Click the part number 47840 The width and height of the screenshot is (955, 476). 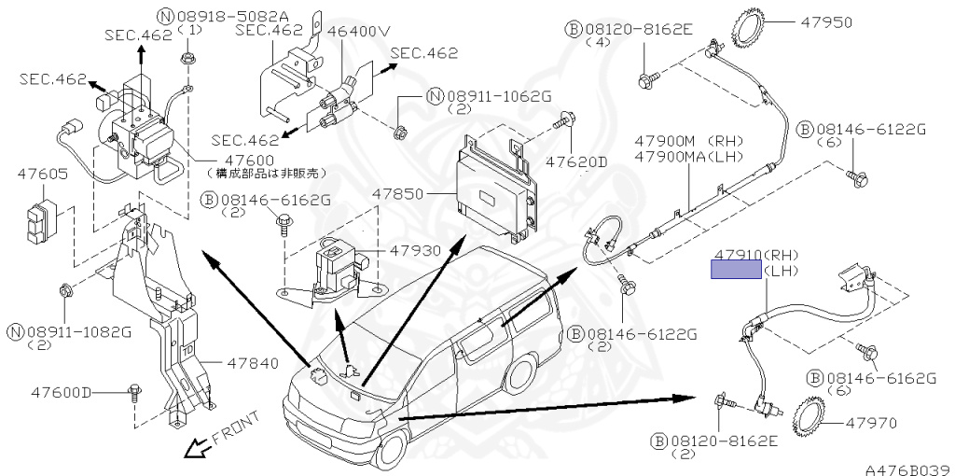pos(252,364)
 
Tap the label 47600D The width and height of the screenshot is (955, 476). pos(61,392)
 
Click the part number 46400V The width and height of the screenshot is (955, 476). pos(358,30)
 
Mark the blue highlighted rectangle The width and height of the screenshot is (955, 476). pos(736,270)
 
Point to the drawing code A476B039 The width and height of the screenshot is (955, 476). pos(906,469)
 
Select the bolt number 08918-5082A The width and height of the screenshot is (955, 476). pos(219,16)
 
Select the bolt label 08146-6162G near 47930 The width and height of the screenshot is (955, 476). pos(266,199)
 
